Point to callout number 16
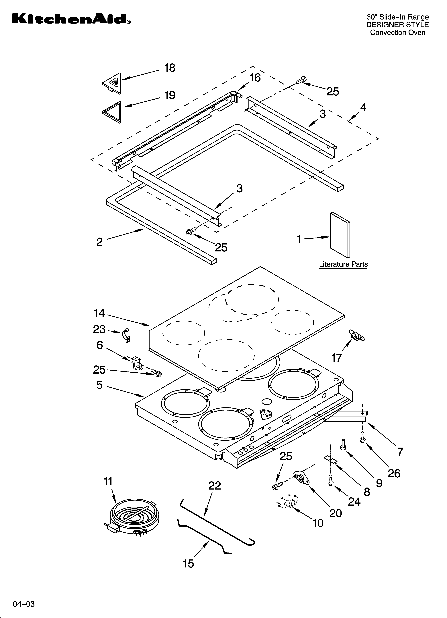(255, 78)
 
